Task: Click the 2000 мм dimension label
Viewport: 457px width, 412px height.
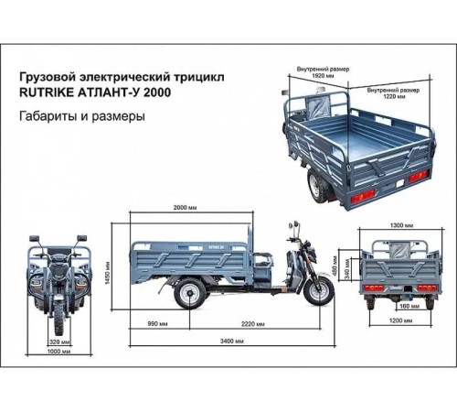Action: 191,209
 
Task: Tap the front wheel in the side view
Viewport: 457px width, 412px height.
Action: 318,290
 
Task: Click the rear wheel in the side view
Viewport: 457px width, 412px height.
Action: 189,293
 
